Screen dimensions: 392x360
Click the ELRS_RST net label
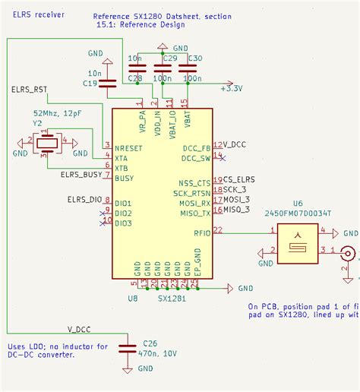tap(30, 90)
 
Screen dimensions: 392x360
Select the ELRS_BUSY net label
tap(81, 174)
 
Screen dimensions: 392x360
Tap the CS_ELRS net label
tap(239, 179)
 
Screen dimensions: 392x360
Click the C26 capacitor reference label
tap(150, 343)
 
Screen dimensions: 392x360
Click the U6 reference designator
tap(296, 204)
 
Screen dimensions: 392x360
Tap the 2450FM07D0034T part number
tap(297, 215)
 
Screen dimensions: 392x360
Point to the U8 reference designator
tap(132, 299)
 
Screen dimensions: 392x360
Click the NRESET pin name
tap(130, 146)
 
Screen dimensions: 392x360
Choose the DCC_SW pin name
tap(196, 157)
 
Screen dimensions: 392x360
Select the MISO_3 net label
tap(237, 209)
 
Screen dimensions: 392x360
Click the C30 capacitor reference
tap(194, 58)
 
